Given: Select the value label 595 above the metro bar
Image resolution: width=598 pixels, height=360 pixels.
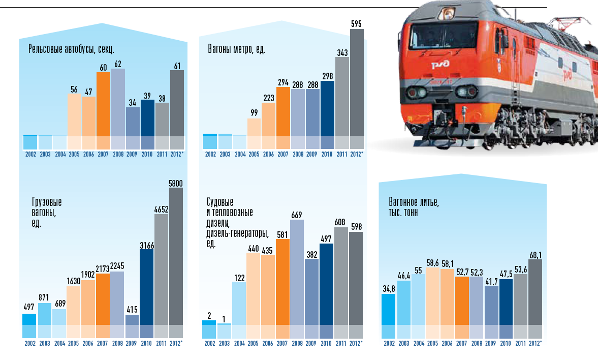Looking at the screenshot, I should coord(357,23).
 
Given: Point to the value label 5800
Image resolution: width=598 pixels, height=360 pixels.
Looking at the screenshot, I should coord(176,184).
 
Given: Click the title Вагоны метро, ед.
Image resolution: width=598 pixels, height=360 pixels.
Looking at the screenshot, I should coord(236,50).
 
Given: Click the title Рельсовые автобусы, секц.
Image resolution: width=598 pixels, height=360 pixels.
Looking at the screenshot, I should coord(71,50).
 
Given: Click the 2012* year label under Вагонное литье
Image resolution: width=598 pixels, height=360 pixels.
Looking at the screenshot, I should coord(534,344).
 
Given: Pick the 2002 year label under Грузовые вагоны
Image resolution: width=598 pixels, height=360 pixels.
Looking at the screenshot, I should coord(29,344).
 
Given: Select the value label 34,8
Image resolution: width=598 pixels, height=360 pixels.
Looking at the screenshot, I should coord(389,289).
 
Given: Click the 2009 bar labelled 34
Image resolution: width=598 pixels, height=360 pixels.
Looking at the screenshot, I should coord(133,122).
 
